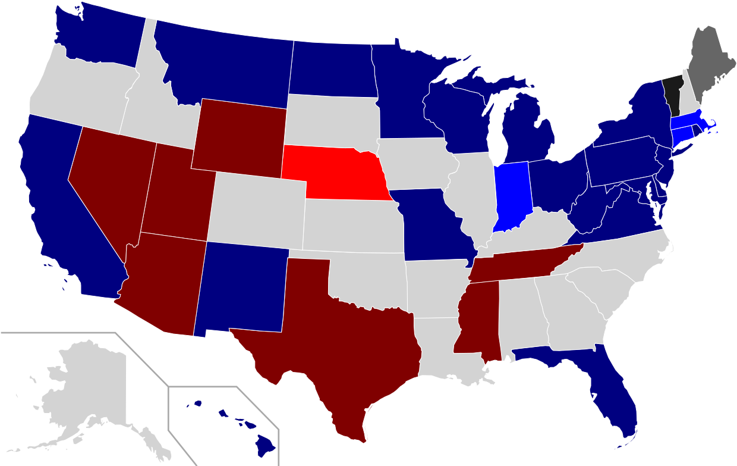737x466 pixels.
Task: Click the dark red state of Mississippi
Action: click(x=477, y=321)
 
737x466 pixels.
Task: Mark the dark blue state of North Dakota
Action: click(x=333, y=68)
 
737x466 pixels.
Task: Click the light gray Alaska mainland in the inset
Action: click(x=89, y=387)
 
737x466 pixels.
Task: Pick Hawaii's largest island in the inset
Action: click(x=266, y=442)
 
